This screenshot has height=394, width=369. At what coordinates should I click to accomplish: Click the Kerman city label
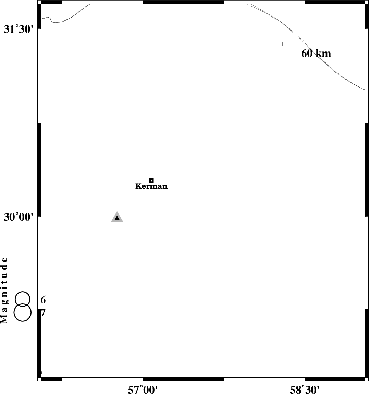(151, 186)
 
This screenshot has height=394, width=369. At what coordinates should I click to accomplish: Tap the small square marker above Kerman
(151, 181)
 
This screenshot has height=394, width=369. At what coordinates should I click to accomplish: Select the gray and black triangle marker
(117, 217)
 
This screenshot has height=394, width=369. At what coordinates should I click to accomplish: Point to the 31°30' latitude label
(19, 30)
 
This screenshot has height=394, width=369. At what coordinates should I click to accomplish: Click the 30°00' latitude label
(19, 217)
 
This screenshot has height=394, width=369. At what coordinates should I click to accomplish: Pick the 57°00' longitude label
(143, 390)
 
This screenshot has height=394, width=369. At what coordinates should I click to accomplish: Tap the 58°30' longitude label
(305, 390)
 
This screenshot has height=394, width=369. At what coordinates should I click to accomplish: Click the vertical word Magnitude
(4, 290)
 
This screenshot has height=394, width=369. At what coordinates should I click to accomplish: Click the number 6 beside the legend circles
(43, 300)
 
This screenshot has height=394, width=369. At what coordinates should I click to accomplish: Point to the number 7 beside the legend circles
(44, 313)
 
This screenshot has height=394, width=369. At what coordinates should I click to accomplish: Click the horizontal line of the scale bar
(316, 42)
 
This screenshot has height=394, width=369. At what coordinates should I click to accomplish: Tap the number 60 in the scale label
(307, 53)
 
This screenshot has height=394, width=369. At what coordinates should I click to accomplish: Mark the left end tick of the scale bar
(283, 44)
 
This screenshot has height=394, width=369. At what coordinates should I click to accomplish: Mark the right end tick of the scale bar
(350, 44)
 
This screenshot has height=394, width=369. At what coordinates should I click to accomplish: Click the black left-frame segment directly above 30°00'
(39, 170)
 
